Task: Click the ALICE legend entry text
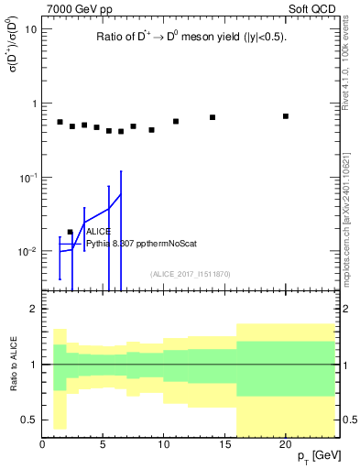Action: [x=98, y=233]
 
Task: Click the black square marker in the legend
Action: [x=71, y=233]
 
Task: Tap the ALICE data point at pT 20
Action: [x=286, y=116]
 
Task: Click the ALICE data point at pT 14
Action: [x=213, y=117]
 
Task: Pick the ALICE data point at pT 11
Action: [x=176, y=121]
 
